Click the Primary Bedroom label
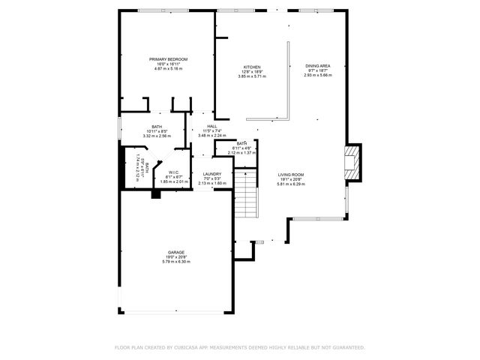(x=168, y=59)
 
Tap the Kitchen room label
(x=252, y=67)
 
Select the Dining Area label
(x=318, y=66)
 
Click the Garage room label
(x=176, y=253)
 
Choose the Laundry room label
(x=211, y=173)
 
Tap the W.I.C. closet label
(x=173, y=172)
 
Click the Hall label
(x=211, y=126)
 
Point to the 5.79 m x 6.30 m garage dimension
(x=176, y=262)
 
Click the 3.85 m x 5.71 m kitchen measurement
(x=252, y=76)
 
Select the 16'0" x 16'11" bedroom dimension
(x=168, y=64)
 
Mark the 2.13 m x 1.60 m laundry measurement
(x=211, y=182)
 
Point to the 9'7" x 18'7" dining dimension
(x=318, y=70)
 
